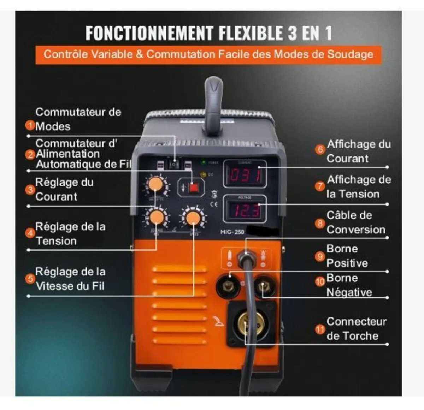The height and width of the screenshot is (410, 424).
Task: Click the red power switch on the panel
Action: pyautogui.click(x=193, y=188)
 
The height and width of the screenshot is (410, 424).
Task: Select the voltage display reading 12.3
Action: pyautogui.click(x=245, y=210)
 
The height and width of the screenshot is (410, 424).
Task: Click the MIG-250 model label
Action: pyautogui.click(x=232, y=232)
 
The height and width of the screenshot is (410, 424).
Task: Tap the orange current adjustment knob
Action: pyautogui.click(x=155, y=185)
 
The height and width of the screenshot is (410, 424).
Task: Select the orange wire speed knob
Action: pyautogui.click(x=193, y=218)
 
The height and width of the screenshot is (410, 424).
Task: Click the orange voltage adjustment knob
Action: pyautogui.click(x=156, y=218)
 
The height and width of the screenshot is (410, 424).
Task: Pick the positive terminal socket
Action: pyautogui.click(x=228, y=285)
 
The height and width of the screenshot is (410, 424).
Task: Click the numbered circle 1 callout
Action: pyautogui.click(x=30, y=125)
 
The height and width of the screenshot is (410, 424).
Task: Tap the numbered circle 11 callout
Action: pyautogui.click(x=320, y=329)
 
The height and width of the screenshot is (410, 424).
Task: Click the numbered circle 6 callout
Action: pyautogui.click(x=320, y=149)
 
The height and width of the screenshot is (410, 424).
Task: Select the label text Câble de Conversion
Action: pyautogui.click(x=355, y=222)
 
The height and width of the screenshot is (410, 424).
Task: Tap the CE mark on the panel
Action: pyautogui.click(x=214, y=204)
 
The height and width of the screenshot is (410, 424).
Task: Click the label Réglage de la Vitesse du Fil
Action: pyautogui.click(x=70, y=279)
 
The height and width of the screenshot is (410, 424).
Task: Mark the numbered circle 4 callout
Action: pyautogui.click(x=30, y=233)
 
